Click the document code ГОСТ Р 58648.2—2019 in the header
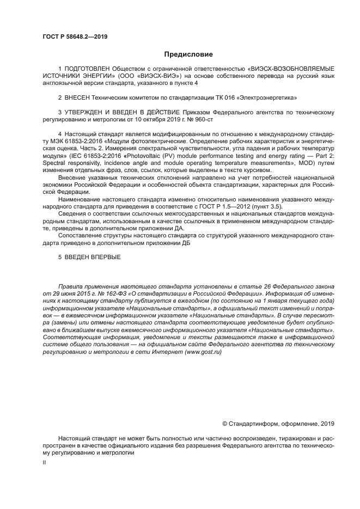pos(75,36)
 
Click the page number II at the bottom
pos(44,462)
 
